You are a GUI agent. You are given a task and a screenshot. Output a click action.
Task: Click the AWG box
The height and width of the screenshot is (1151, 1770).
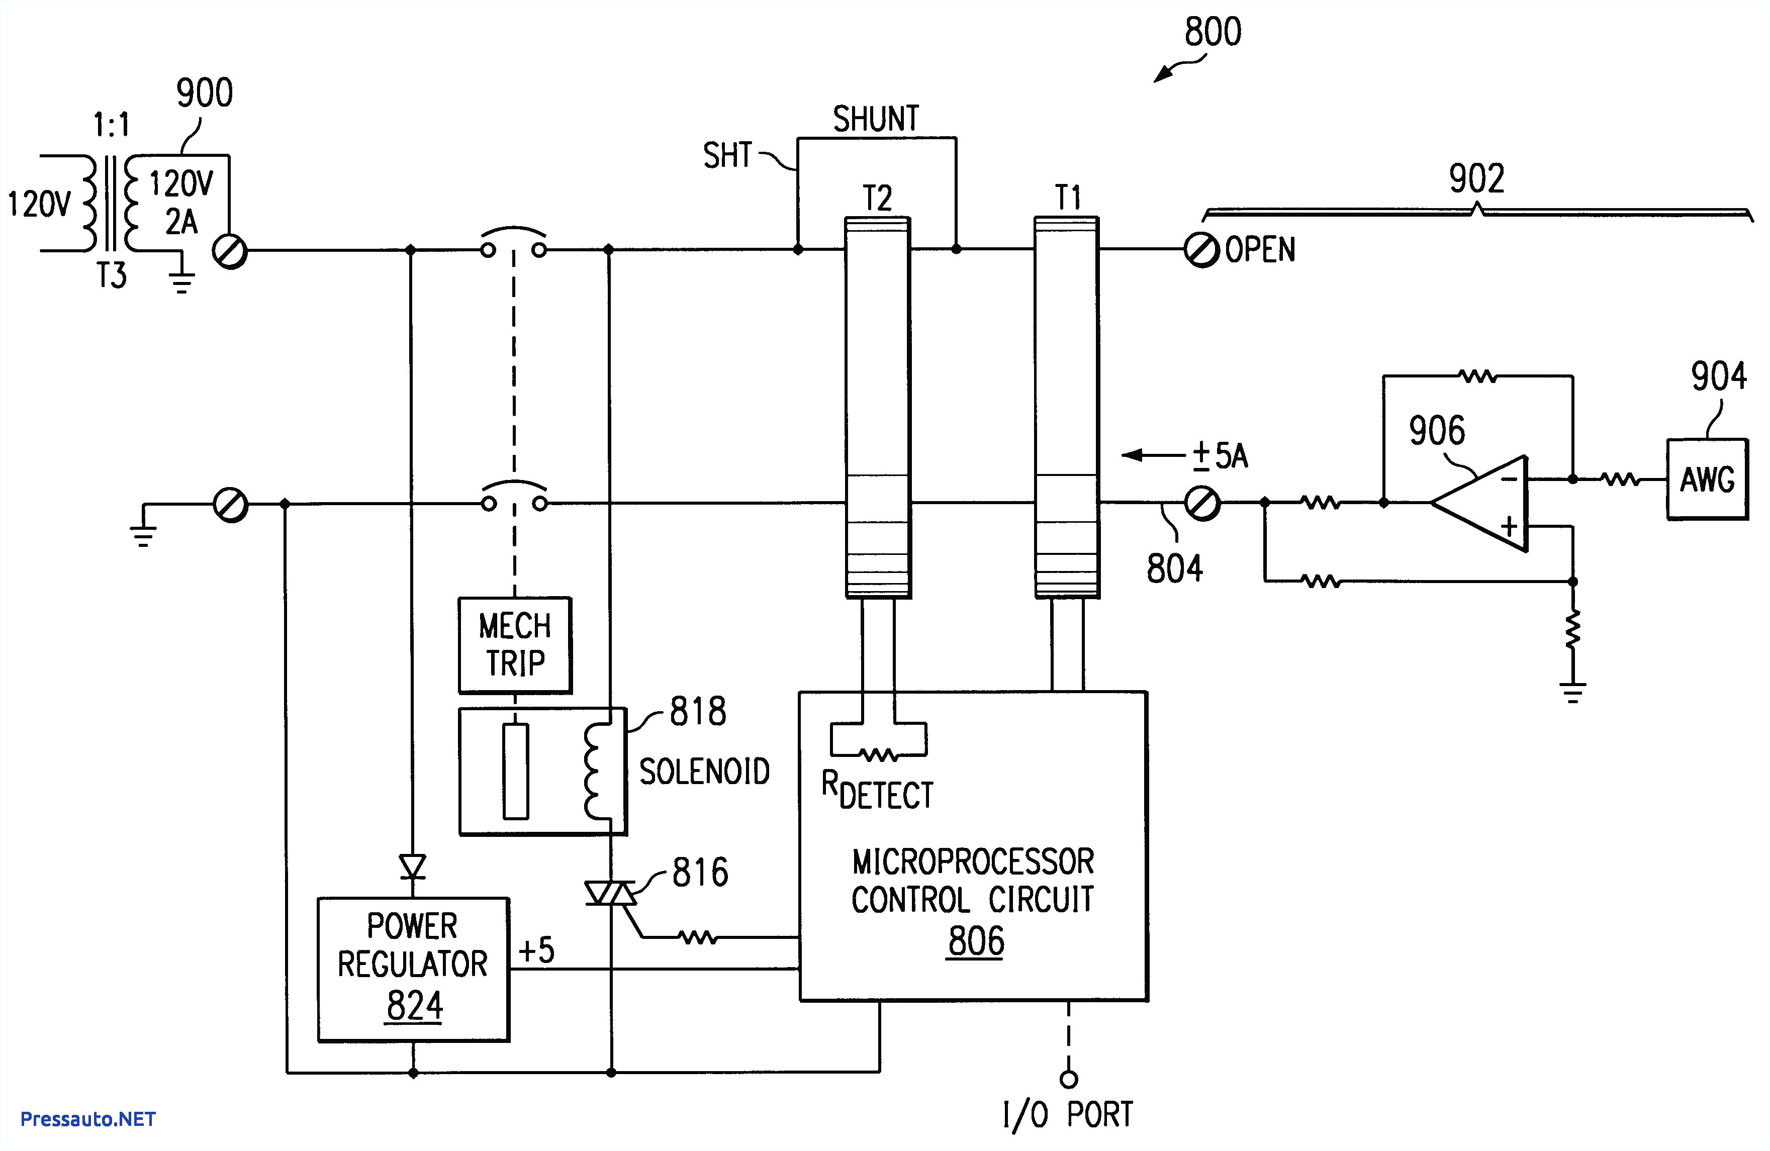[1706, 479]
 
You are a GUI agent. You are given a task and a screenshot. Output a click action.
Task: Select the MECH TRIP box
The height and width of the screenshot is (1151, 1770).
[515, 645]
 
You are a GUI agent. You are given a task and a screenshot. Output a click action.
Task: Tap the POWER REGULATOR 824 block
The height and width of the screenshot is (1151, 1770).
[413, 969]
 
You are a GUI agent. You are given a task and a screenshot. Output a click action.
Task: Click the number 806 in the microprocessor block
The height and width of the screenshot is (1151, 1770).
[975, 941]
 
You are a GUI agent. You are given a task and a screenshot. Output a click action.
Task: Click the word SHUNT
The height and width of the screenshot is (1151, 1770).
[875, 119]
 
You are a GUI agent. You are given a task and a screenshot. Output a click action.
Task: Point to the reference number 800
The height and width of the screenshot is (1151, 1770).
[1212, 33]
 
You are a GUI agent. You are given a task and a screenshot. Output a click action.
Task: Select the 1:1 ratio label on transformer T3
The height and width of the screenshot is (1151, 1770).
[112, 125]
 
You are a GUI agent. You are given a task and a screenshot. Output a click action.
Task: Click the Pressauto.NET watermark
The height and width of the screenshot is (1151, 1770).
[88, 1119]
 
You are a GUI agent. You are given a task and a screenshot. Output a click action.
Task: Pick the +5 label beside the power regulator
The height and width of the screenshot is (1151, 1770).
[536, 950]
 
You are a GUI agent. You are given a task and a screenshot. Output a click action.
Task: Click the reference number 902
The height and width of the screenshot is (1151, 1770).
[1476, 178]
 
